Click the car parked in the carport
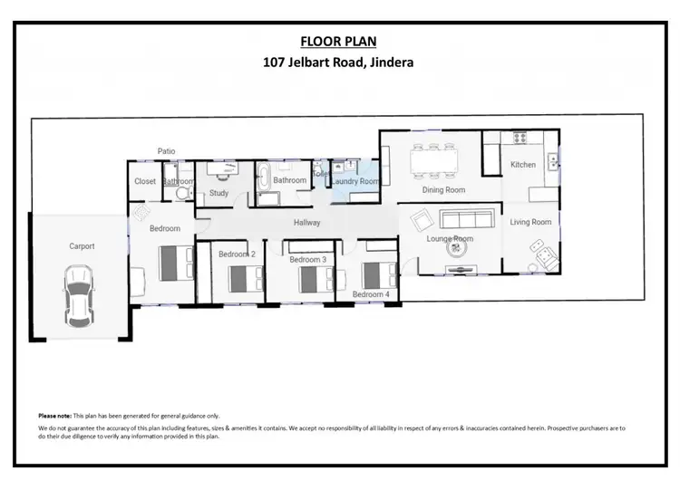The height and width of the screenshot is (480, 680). tap(79, 295)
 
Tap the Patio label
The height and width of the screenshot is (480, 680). tap(166, 151)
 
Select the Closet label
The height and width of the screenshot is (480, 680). tap(145, 181)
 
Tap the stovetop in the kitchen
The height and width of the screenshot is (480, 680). tap(520, 139)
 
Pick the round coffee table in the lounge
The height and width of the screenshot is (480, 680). tap(459, 254)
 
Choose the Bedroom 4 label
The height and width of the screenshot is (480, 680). tap(370, 294)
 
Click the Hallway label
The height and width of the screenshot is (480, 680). tap(307, 223)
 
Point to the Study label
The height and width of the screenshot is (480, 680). tap(219, 193)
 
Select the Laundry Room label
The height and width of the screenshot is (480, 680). tap(355, 181)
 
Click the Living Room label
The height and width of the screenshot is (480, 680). tap(530, 222)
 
